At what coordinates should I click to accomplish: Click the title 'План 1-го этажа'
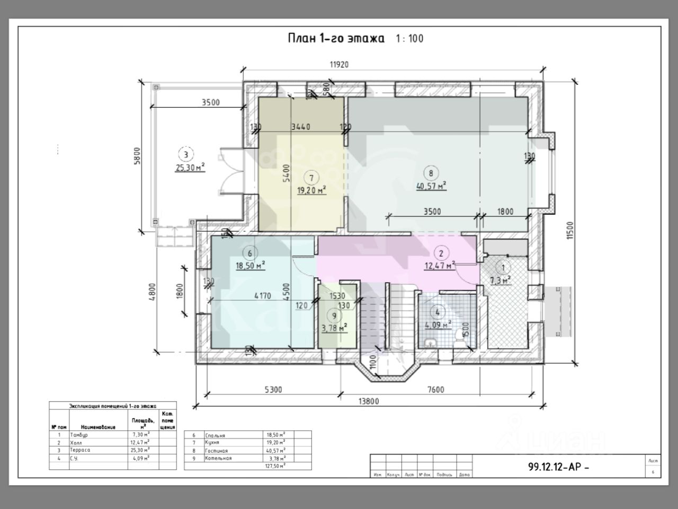click(336, 38)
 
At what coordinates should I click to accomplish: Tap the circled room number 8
click(431, 173)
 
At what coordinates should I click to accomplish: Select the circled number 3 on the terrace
click(186, 155)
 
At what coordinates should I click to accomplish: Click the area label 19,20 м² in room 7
click(311, 190)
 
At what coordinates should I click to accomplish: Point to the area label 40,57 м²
click(431, 186)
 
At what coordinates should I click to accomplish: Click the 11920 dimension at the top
click(339, 65)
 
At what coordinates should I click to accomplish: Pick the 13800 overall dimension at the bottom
click(368, 401)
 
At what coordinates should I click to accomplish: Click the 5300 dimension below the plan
click(273, 390)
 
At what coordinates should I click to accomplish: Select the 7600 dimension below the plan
click(435, 390)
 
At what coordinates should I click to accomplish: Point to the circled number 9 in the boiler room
click(334, 315)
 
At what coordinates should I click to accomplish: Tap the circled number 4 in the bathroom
click(438, 312)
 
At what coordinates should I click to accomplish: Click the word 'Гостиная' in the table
click(218, 450)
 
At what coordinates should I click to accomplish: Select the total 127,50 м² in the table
click(274, 466)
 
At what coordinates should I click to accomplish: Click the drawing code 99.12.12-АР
click(558, 467)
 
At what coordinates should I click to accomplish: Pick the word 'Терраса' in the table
click(80, 450)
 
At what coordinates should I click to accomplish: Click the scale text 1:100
click(409, 38)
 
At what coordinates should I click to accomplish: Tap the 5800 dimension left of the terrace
click(137, 157)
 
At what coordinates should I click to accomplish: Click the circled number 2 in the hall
click(441, 253)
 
